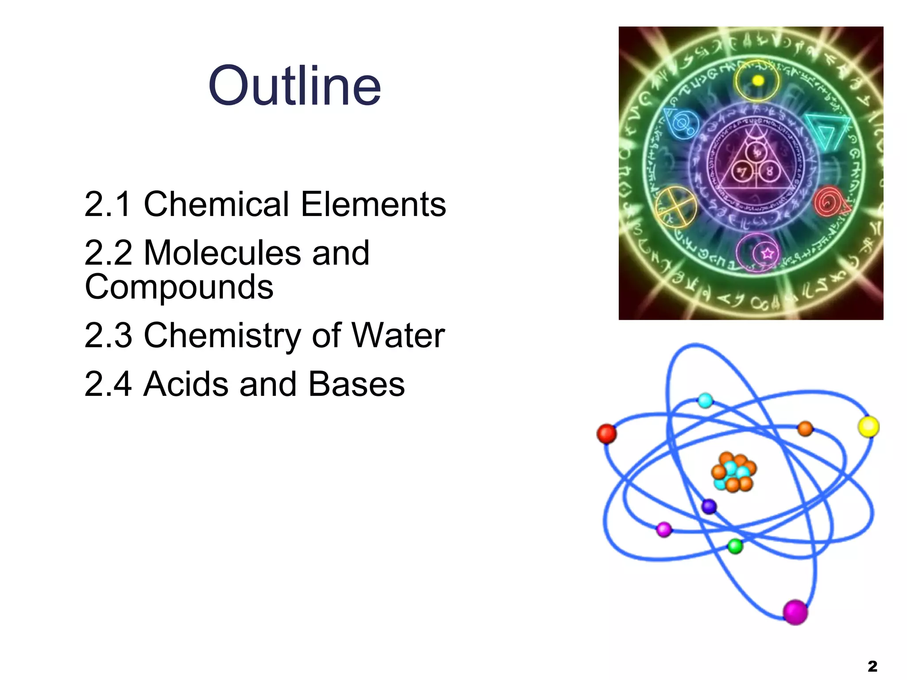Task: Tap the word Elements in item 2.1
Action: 373,204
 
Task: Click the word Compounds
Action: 179,287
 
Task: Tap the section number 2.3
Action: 108,335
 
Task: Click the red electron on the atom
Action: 606,433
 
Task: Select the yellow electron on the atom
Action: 868,427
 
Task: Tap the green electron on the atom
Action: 735,546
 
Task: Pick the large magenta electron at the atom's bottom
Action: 795,612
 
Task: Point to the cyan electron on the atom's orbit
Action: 705,401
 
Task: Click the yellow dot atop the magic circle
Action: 758,81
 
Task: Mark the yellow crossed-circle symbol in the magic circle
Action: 674,207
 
